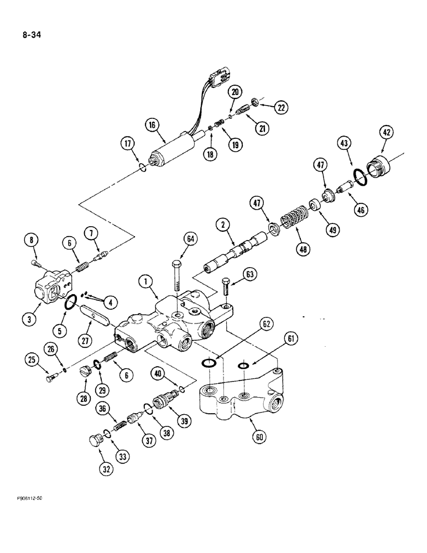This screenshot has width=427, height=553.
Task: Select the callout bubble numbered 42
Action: tap(386, 133)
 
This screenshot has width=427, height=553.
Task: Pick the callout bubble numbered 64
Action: tap(191, 239)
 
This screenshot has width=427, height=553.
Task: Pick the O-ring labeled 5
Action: tap(71, 301)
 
